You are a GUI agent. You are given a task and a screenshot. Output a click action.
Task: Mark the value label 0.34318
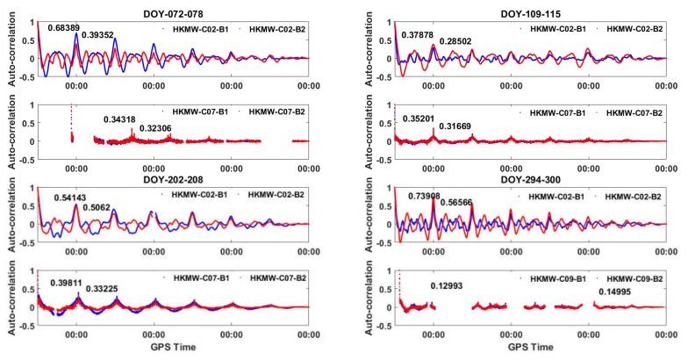point(123,119)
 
